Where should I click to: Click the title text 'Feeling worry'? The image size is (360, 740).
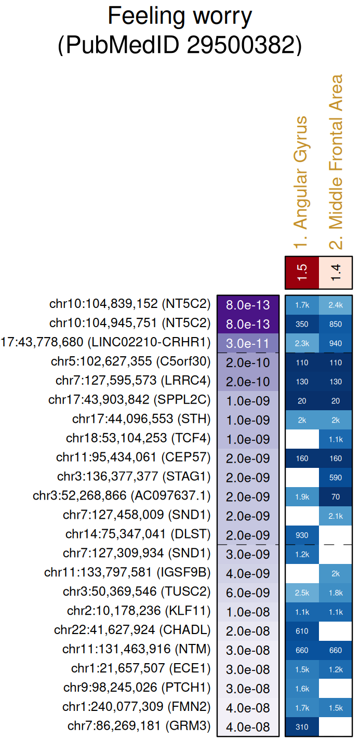click(x=180, y=17)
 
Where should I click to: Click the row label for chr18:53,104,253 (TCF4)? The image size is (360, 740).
click(x=138, y=439)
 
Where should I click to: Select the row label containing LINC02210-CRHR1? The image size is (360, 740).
click(x=106, y=343)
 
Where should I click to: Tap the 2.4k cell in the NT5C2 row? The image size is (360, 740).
click(x=336, y=305)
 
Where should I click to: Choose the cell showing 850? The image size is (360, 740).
click(x=336, y=324)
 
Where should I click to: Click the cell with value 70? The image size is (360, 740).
click(x=336, y=497)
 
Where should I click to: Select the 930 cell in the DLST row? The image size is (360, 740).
click(x=302, y=535)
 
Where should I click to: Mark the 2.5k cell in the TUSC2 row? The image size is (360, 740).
click(x=302, y=593)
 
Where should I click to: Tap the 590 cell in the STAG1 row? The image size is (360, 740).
click(x=336, y=478)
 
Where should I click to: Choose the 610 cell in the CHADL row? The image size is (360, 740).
click(x=302, y=631)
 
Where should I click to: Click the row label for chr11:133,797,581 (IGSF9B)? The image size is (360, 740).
click(x=127, y=574)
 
